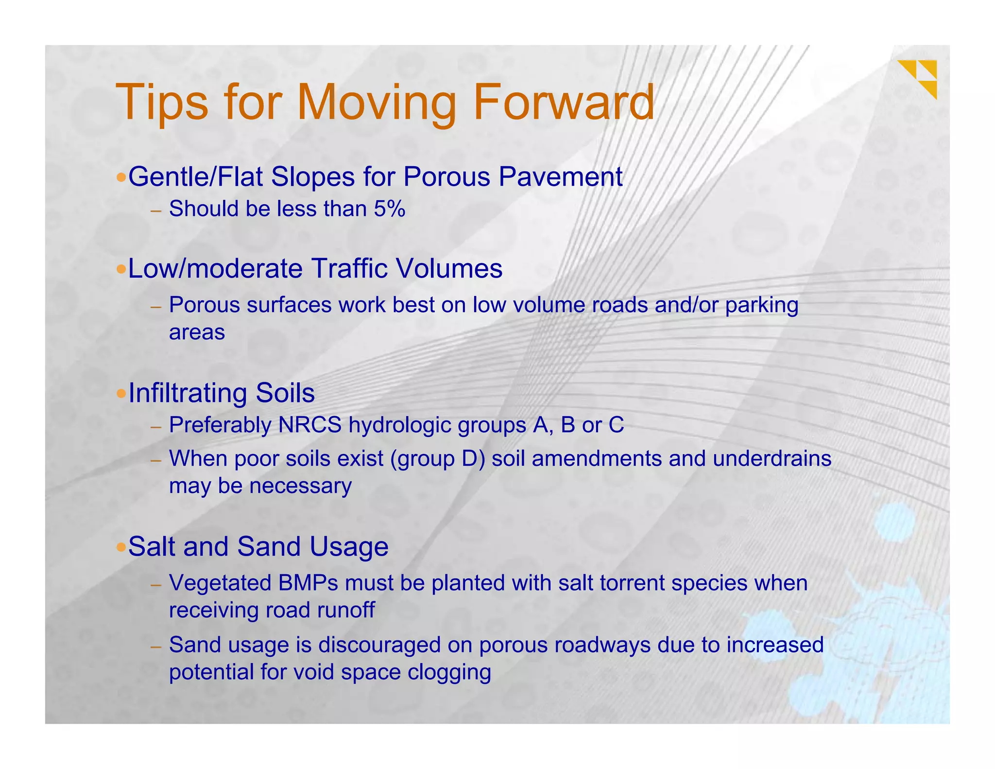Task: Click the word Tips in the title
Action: tap(162, 103)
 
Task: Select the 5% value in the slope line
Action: tap(389, 209)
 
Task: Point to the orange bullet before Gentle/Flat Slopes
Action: tap(121, 176)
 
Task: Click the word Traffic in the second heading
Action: tap(350, 268)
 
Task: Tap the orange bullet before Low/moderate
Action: tap(121, 269)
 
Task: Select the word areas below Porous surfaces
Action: tap(197, 333)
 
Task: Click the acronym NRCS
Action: tap(310, 425)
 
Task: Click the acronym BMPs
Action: tap(308, 583)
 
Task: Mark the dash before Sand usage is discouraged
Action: tap(155, 647)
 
